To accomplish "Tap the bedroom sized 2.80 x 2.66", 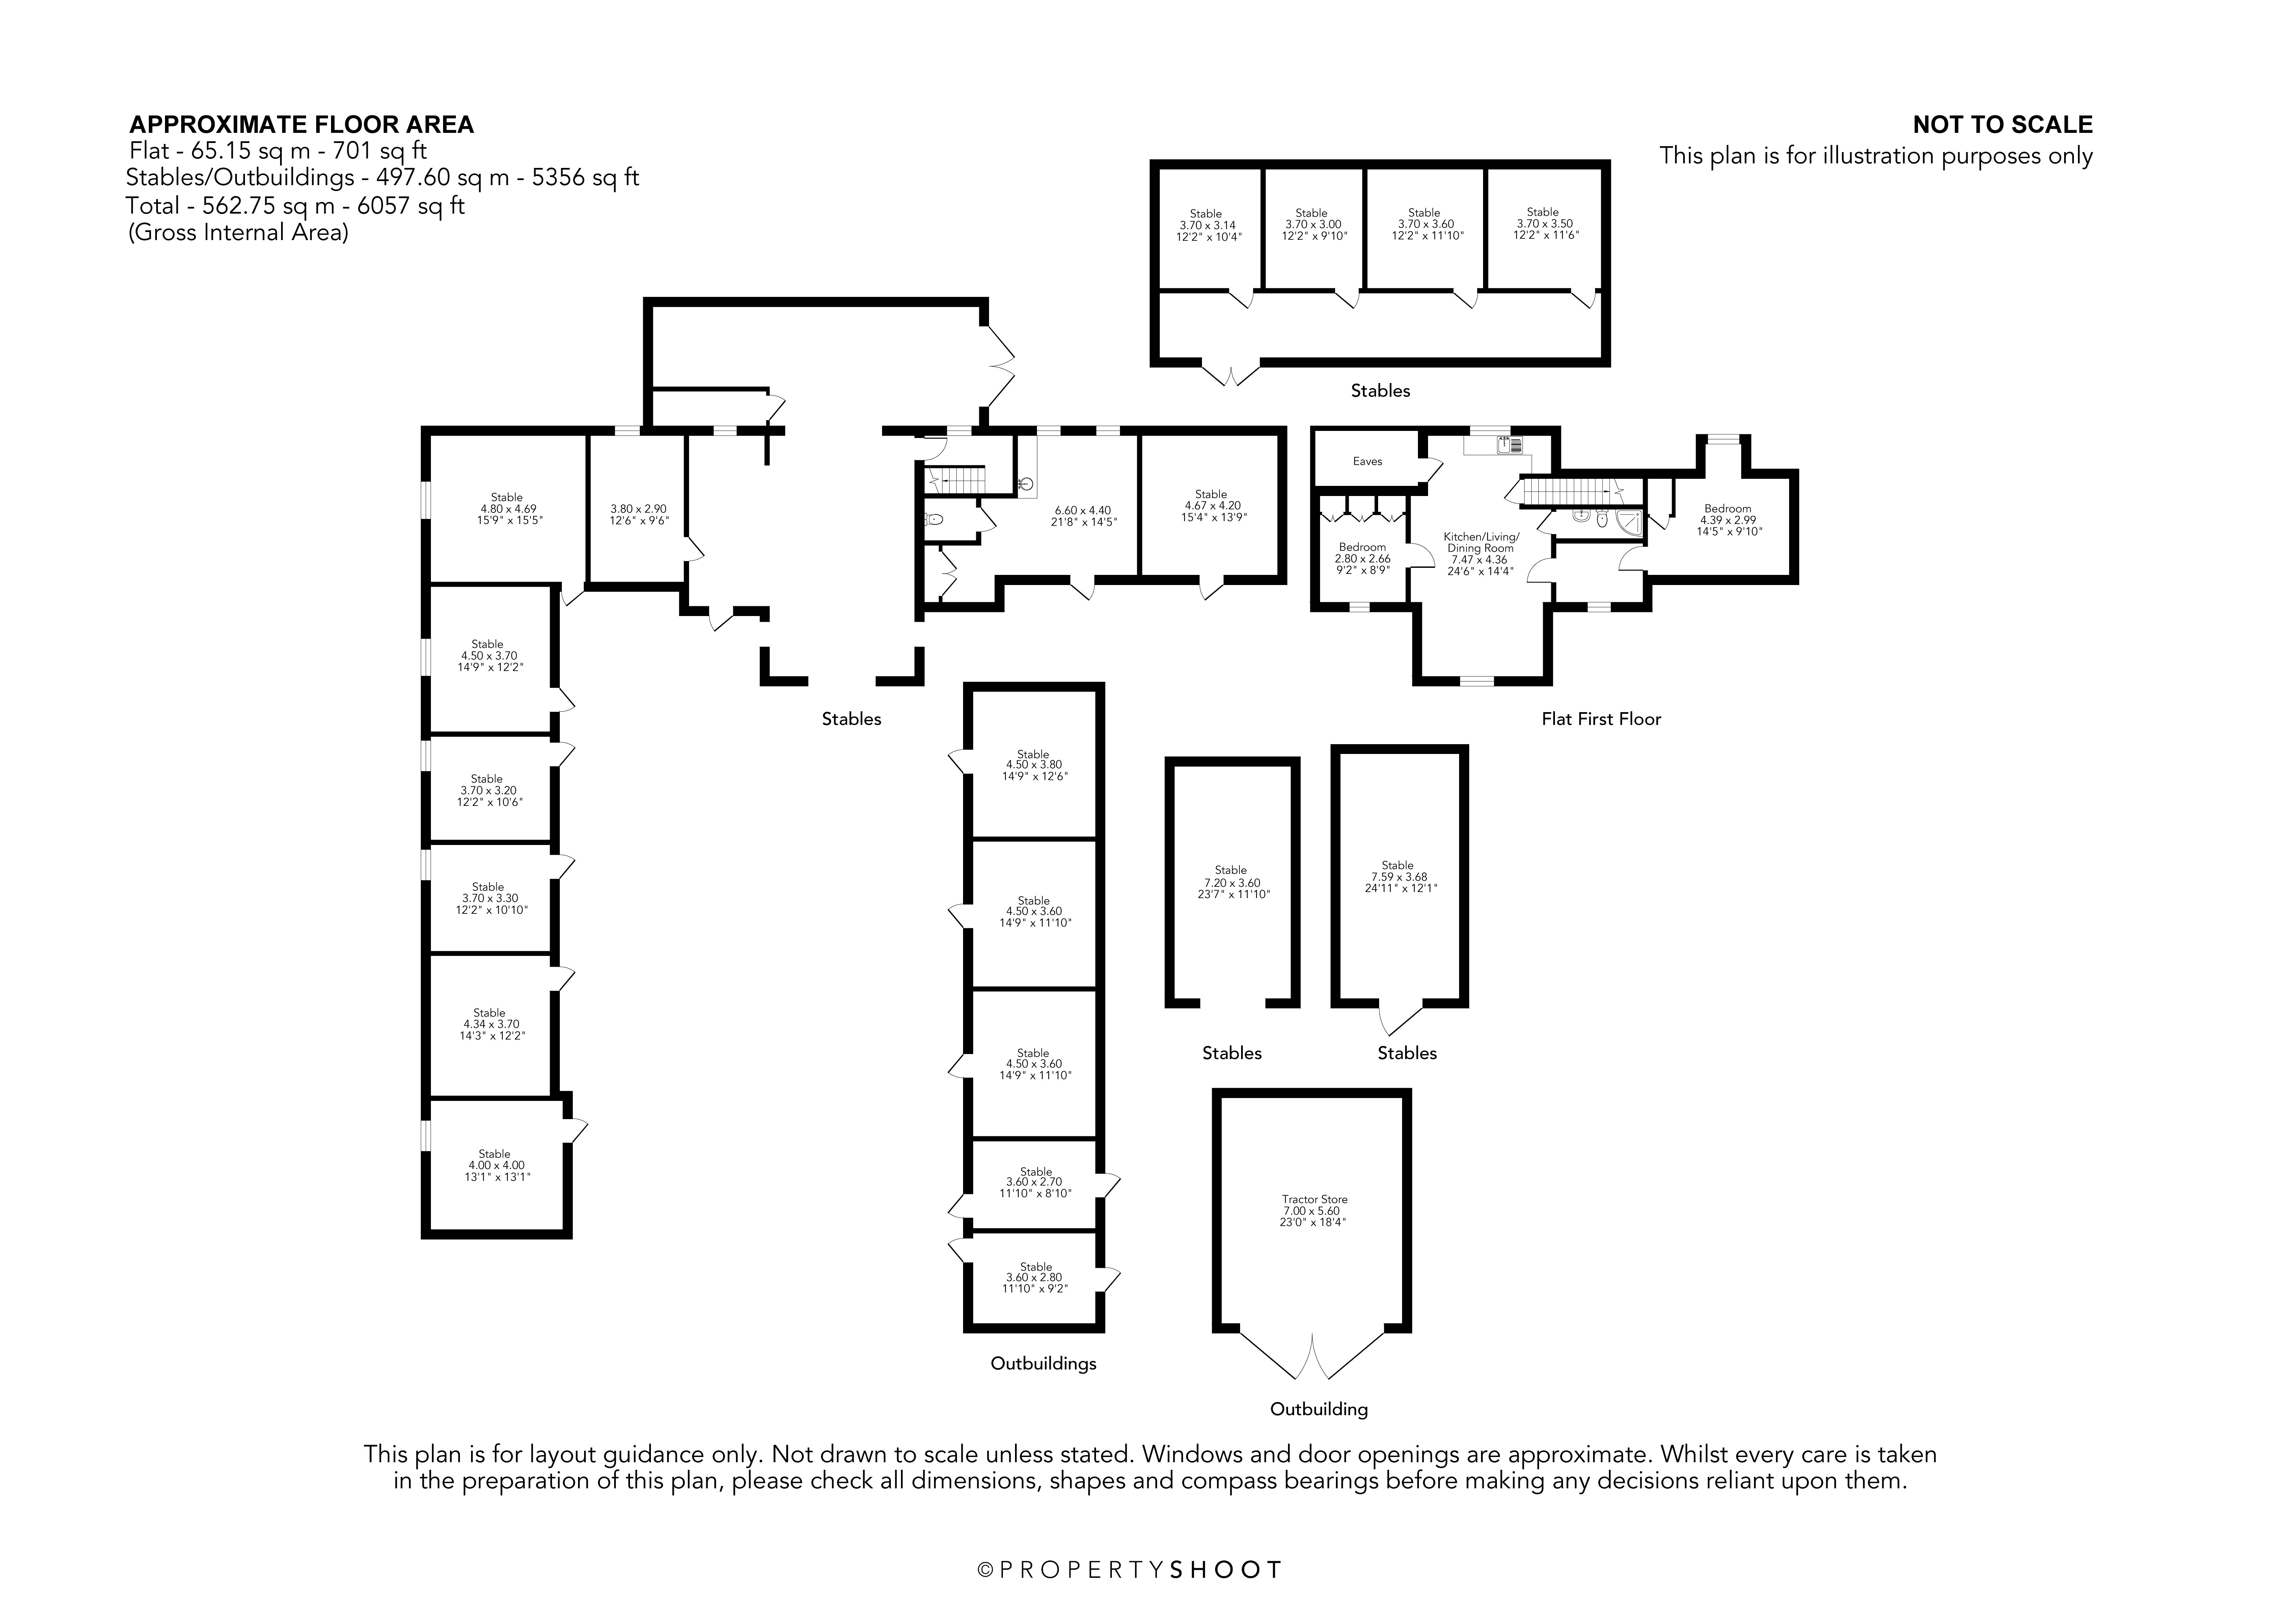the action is pos(1362,558).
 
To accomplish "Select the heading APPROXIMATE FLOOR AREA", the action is pos(302,125).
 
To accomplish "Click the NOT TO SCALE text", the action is pos(2003,125).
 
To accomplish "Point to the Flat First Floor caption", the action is pos(1601,719).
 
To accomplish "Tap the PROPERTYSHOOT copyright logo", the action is pos(1129,1569).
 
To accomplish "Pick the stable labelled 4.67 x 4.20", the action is pos(1211,506).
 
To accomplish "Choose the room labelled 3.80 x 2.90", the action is pos(638,515).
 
